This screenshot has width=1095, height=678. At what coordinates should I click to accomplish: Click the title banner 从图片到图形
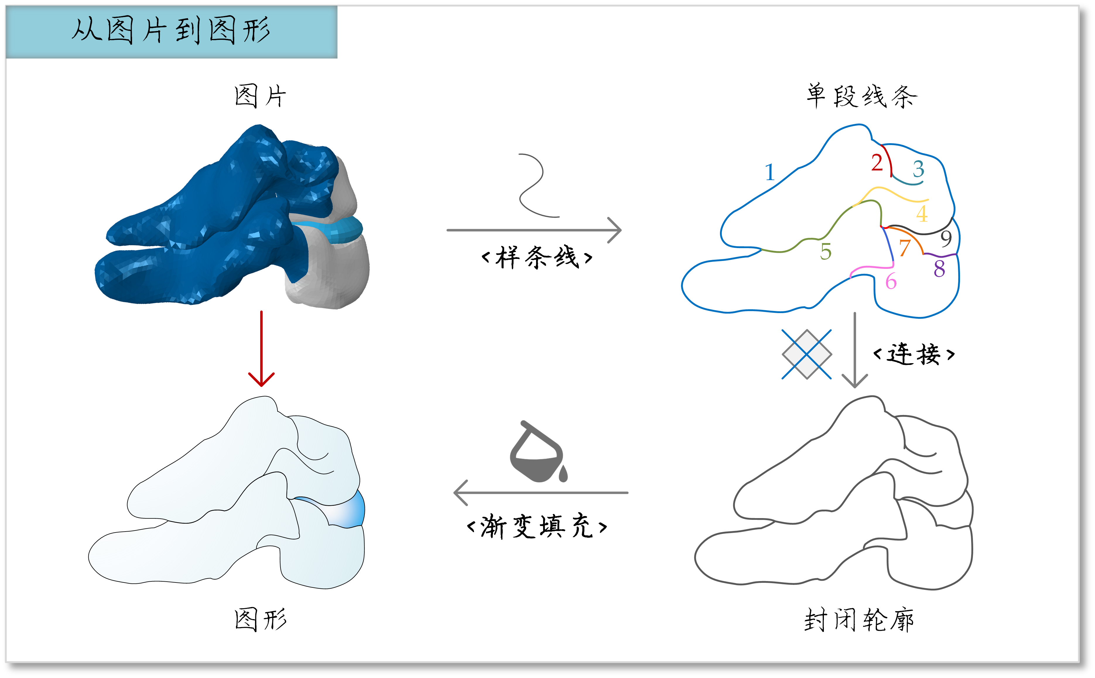(x=171, y=31)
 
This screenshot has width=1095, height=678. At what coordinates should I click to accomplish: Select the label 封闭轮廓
(x=859, y=620)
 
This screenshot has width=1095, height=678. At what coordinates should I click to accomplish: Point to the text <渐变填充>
(x=537, y=526)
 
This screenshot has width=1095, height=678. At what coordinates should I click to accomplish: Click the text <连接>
(x=914, y=354)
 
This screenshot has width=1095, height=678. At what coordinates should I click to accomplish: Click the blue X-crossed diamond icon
(x=806, y=354)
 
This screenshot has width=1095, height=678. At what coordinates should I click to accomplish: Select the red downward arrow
(x=261, y=349)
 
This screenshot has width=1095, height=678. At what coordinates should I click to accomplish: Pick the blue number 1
(x=770, y=172)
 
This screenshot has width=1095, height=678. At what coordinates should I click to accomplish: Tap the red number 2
(x=877, y=162)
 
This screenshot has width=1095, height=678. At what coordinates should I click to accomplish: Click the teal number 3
(x=918, y=169)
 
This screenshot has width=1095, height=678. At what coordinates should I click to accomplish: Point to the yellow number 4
(x=922, y=214)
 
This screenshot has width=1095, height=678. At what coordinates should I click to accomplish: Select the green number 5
(x=826, y=252)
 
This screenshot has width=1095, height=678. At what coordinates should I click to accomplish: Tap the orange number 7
(x=905, y=248)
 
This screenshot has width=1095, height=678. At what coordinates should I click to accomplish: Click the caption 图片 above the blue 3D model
(x=260, y=96)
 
